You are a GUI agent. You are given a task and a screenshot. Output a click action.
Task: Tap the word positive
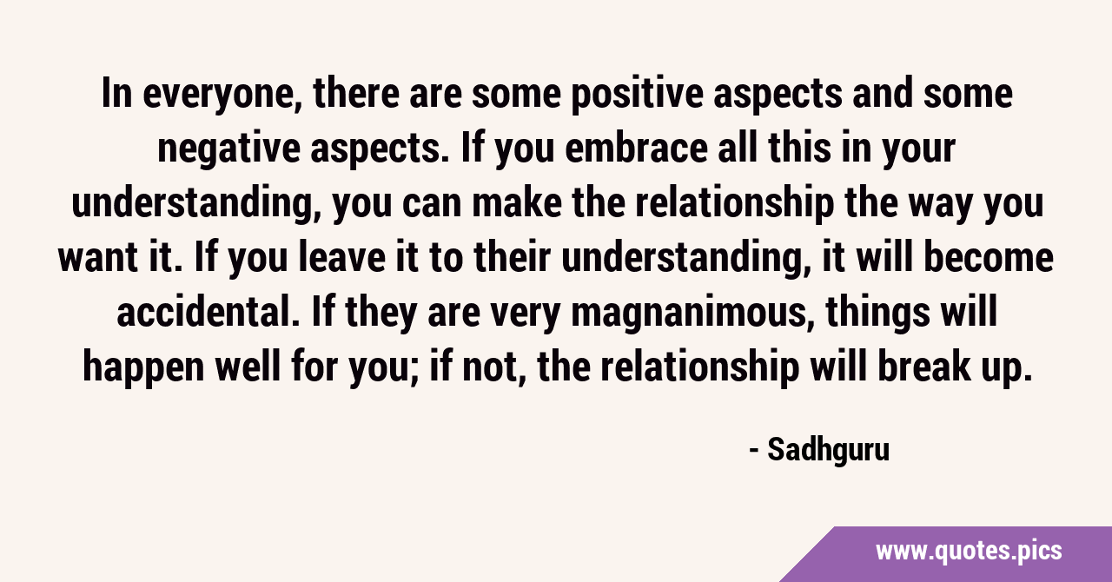(x=637, y=95)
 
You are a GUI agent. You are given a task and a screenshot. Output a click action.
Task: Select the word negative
(x=228, y=149)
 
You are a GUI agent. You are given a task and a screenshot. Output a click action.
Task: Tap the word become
(x=989, y=257)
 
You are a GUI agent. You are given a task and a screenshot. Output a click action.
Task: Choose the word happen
(x=143, y=367)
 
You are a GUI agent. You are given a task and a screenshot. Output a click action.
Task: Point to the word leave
(x=342, y=257)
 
